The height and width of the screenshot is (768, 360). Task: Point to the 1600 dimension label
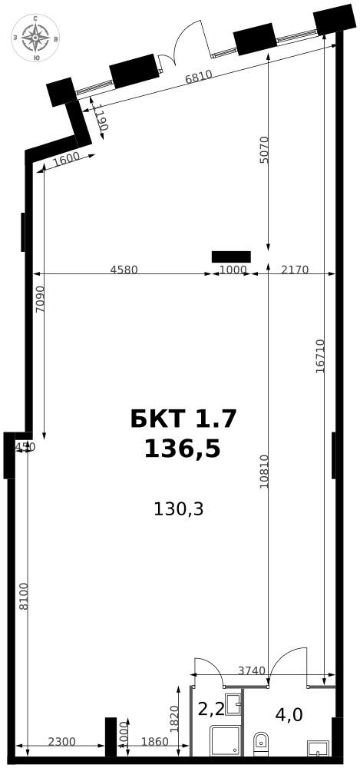click(66, 159)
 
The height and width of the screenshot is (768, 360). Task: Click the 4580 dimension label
click(124, 270)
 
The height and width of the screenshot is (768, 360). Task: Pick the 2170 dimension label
click(295, 270)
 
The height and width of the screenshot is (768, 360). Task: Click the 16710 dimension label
click(320, 356)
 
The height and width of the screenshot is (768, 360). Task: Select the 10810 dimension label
click(264, 472)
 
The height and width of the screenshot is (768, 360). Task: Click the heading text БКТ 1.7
click(183, 419)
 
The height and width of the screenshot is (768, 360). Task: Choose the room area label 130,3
click(178, 508)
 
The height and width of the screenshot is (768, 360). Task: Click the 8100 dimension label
click(23, 596)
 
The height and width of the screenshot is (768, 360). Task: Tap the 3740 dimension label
click(251, 670)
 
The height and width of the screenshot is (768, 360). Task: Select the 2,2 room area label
click(211, 709)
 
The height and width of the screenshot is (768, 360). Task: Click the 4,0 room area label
click(289, 715)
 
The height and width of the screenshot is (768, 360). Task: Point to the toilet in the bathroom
click(260, 743)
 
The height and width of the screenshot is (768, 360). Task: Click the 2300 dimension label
click(61, 741)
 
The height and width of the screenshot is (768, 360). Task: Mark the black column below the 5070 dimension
click(231, 257)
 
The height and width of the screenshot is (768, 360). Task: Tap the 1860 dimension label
click(154, 741)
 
